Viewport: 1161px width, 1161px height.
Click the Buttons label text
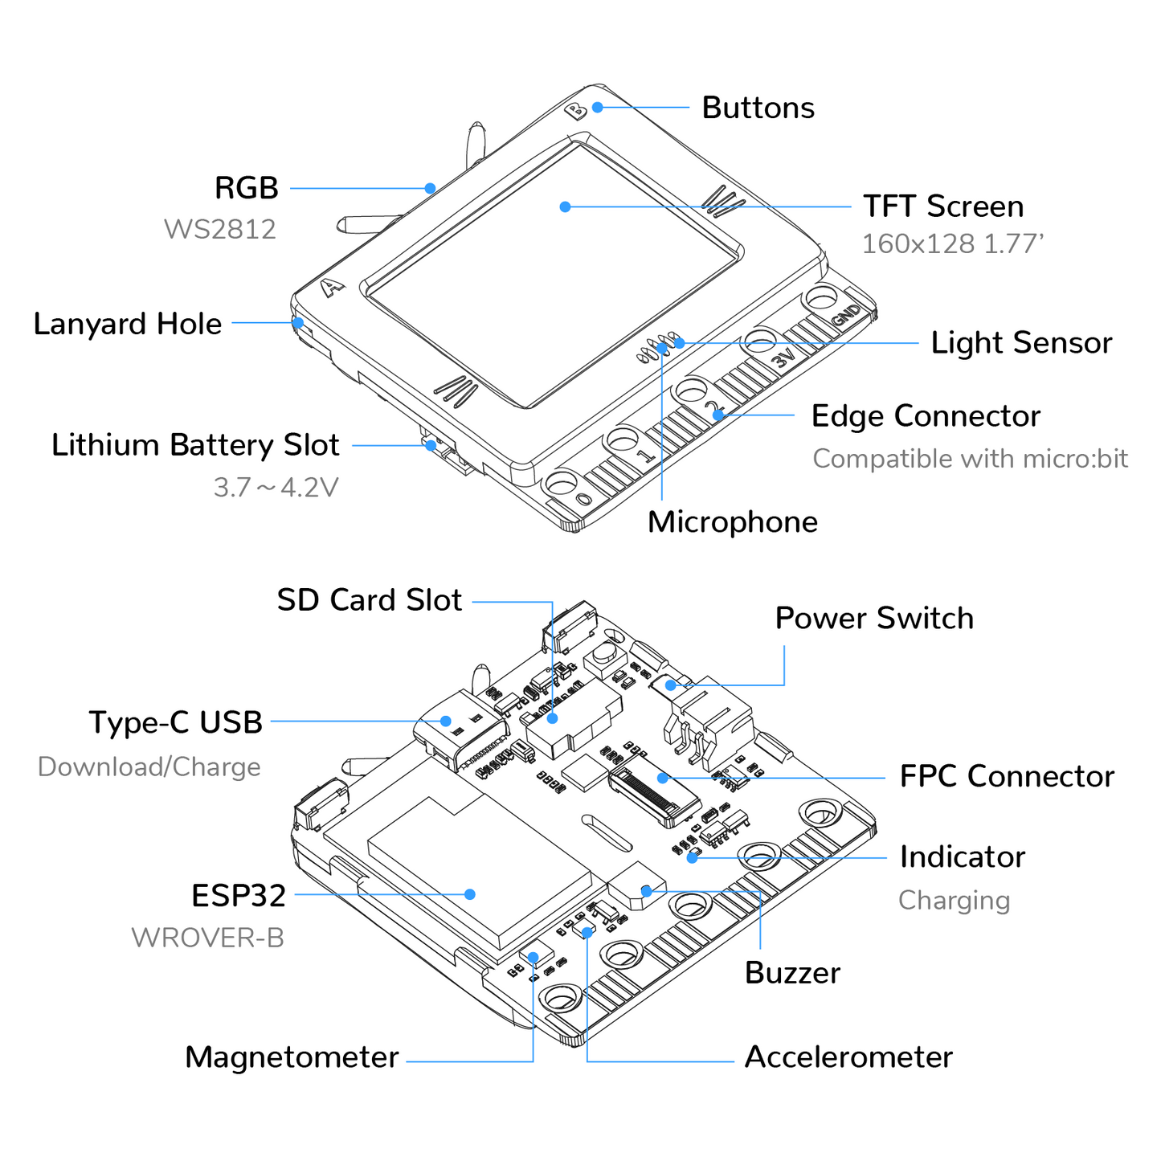758,108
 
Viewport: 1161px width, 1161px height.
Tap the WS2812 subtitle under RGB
219,230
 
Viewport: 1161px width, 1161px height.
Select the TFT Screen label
943,206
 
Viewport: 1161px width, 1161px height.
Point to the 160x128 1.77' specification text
952,244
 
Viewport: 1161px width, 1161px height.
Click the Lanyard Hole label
127,324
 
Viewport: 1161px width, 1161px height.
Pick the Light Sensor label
1021,343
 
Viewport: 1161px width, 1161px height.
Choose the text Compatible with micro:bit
970,459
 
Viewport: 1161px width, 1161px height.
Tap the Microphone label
732,522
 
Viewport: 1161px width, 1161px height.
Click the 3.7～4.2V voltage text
276,488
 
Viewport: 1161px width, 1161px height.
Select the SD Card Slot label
369,600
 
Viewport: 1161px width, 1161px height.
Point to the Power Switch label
873,619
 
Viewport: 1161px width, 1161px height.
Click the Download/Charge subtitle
149,767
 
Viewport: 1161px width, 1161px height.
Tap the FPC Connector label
1006,777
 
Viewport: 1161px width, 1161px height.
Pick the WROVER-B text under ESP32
207,938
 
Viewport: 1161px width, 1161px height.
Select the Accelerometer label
848,1057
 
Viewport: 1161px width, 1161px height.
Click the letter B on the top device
576,111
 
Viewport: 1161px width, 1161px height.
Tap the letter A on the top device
332,288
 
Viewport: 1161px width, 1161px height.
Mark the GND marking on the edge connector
846,315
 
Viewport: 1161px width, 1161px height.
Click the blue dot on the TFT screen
565,206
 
